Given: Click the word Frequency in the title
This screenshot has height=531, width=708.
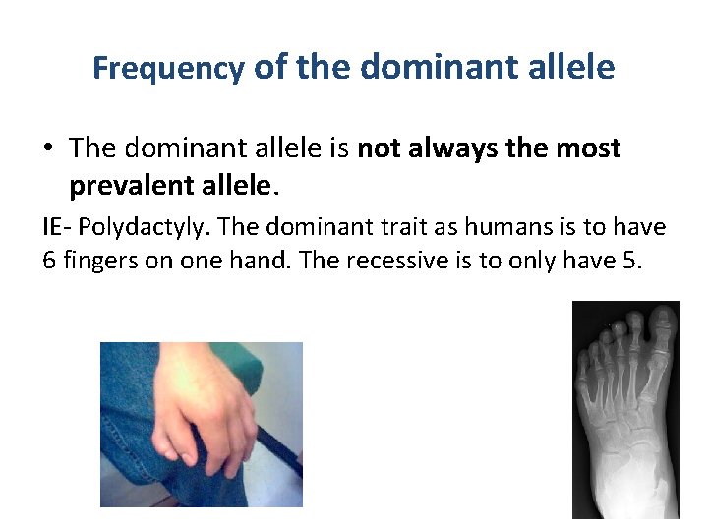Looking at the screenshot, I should [x=168, y=69].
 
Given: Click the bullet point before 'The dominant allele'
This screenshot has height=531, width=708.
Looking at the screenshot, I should [x=49, y=149].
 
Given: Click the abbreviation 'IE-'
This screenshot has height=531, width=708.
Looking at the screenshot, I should [x=58, y=228].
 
